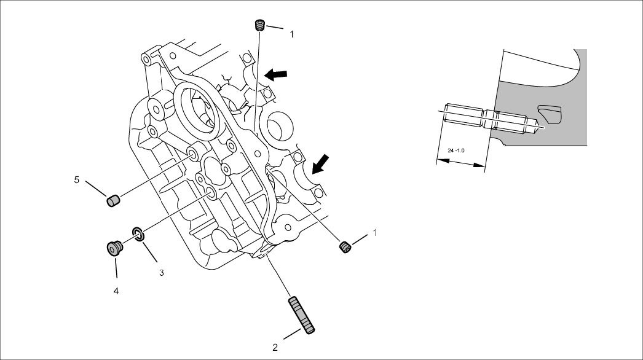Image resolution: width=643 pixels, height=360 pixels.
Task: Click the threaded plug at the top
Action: pyautogui.click(x=260, y=25)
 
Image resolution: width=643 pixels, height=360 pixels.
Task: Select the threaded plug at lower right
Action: pyautogui.click(x=346, y=247)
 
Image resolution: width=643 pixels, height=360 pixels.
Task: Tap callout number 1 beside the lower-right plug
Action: pyautogui.click(x=373, y=233)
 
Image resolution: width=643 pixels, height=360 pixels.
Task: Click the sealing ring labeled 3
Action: pyautogui.click(x=138, y=233)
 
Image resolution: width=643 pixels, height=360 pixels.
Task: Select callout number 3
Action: pyautogui.click(x=162, y=272)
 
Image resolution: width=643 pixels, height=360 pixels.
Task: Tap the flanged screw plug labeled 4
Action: pyautogui.click(x=114, y=248)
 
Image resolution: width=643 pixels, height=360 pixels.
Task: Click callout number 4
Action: pyautogui.click(x=116, y=291)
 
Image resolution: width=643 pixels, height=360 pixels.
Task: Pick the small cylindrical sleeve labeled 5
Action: pyautogui.click(x=112, y=201)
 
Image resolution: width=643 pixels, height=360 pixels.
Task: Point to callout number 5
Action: pyautogui.click(x=77, y=180)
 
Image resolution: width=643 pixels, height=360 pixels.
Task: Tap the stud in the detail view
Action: pyautogui.click(x=492, y=119)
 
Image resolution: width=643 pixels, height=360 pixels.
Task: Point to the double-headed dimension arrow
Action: pyautogui.click(x=460, y=162)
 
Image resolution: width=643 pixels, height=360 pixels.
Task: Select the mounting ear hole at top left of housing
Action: pyautogui.click(x=146, y=60)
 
